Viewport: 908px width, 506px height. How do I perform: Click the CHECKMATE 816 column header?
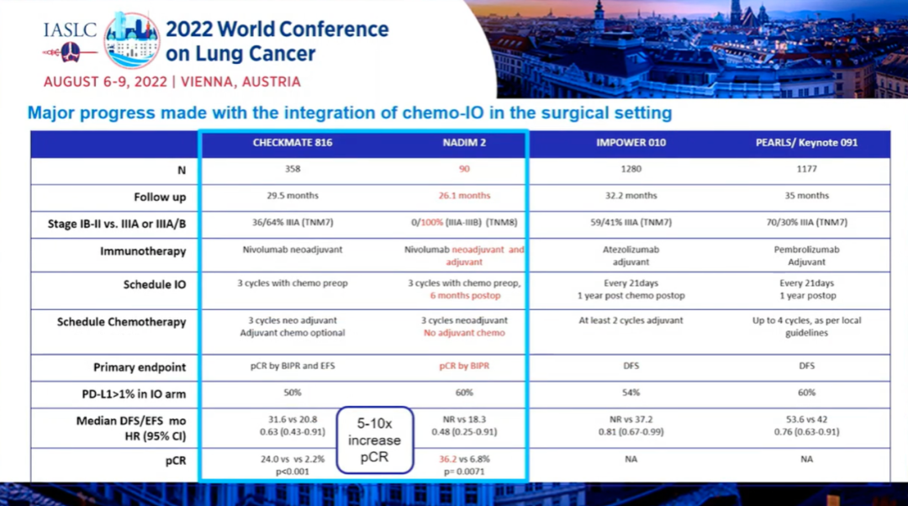tap(293, 143)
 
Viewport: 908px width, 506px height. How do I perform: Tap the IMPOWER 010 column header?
tap(631, 143)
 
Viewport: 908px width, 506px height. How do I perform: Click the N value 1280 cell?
tap(631, 169)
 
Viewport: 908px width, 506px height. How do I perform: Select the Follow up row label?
tap(160, 197)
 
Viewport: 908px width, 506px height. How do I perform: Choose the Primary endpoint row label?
tap(140, 367)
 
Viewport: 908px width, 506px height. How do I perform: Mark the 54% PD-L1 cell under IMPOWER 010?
tap(631, 393)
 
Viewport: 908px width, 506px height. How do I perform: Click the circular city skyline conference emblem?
tap(131, 39)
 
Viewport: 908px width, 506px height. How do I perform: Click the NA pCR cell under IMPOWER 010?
tap(631, 460)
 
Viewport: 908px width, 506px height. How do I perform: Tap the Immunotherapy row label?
tap(143, 250)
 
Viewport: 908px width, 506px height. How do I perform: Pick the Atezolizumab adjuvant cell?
tap(631, 256)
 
